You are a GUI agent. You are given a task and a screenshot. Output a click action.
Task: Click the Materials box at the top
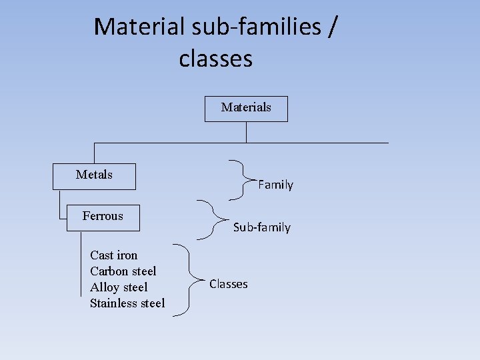[246, 108]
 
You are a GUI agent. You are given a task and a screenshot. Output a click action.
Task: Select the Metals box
[95, 176]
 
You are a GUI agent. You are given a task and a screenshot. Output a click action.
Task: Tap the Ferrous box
[103, 217]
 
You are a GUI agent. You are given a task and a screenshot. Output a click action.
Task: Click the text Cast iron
[113, 255]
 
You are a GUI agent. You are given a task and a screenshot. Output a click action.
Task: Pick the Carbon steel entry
[123, 271]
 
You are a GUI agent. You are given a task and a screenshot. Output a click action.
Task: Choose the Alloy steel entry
[119, 287]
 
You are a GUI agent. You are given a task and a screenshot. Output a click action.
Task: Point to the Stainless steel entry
[127, 303]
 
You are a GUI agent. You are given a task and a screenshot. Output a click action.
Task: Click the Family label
[275, 185]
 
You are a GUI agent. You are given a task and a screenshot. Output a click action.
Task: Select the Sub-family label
[261, 228]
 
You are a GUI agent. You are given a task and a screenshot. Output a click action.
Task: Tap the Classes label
[228, 284]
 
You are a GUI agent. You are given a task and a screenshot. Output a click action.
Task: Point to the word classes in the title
[215, 58]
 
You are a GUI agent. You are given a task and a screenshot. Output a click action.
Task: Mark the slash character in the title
[332, 27]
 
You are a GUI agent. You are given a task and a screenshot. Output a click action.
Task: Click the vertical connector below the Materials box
[246, 132]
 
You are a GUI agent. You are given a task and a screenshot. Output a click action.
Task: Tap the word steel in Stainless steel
[151, 303]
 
